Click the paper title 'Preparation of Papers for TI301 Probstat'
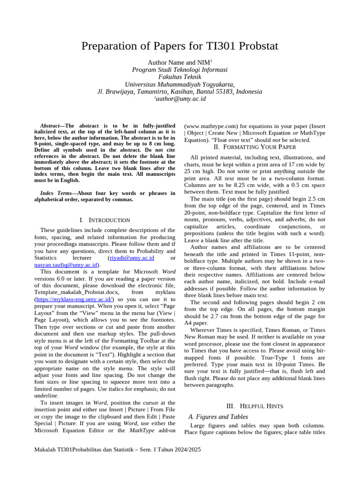pos(180,46)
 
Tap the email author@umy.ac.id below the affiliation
pos(180,99)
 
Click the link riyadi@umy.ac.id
pos(131,258)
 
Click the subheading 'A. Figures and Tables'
pos(217,417)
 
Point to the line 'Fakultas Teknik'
pos(180,77)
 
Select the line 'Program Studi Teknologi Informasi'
pos(180,69)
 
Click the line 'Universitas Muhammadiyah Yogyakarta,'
pos(180,84)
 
